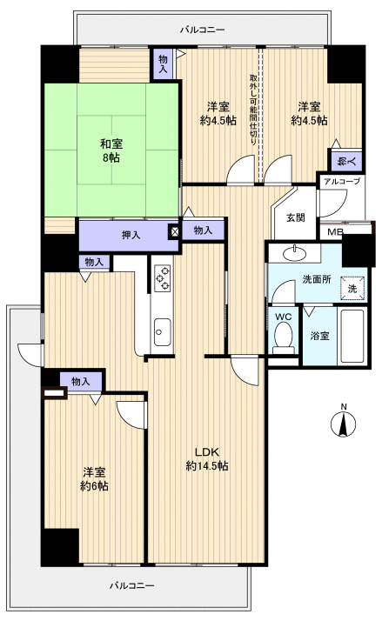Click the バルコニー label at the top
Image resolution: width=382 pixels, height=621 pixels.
pos(203,29)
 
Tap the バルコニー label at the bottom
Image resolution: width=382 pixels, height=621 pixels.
pos(132,584)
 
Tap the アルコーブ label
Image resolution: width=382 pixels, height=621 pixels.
pos(338,181)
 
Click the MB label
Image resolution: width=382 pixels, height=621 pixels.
pos(334,232)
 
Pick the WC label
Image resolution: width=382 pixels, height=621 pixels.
pos(283,317)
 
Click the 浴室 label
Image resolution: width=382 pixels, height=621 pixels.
pos(319,335)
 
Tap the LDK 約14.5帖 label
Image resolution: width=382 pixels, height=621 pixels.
pos(206,459)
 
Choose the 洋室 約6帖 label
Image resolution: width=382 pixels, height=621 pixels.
pos(95,478)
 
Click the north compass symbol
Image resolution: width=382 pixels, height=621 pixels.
pos(345,424)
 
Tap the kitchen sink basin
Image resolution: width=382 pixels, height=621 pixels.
pos(163,329)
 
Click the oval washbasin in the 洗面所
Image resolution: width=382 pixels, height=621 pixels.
pos(294,252)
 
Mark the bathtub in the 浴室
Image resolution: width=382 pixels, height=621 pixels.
pos(352,335)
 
